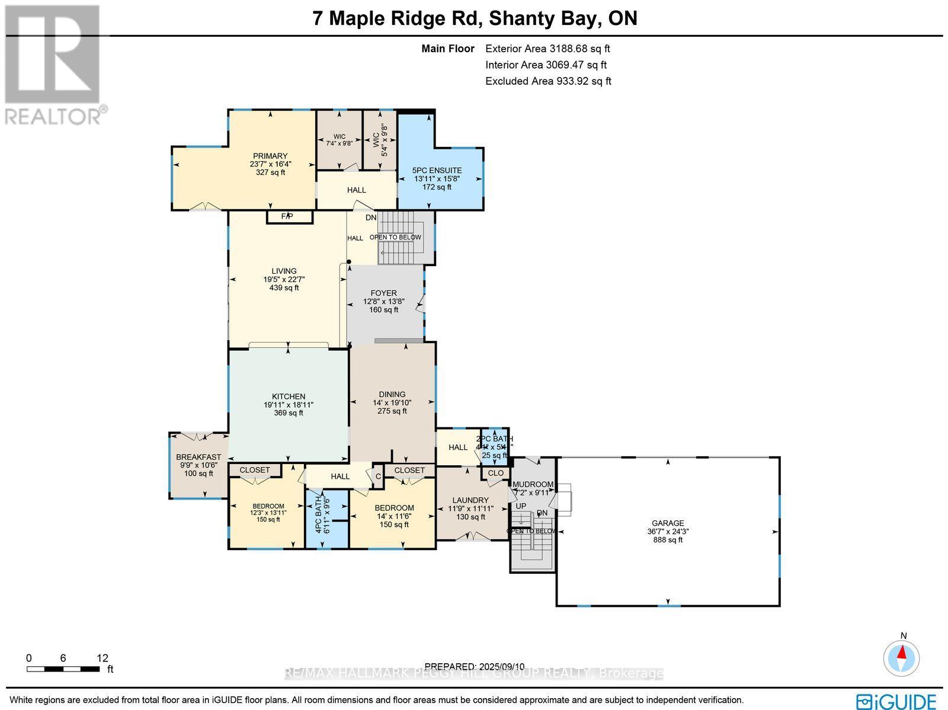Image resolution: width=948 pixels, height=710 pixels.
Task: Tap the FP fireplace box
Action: point(289,217)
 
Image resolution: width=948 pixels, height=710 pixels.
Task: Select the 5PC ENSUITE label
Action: point(437,171)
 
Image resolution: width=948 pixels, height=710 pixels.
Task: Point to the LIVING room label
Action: point(284,271)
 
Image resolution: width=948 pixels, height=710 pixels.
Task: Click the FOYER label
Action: point(383,293)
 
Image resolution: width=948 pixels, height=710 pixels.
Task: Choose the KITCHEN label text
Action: point(289,397)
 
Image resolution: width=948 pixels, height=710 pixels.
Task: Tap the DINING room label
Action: point(392,395)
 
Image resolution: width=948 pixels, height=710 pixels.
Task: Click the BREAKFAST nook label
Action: point(198,458)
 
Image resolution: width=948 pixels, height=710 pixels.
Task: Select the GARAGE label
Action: point(668,523)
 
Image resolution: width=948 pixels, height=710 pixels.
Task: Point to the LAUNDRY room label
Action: point(470,501)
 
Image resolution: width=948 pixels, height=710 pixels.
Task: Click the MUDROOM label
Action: point(533,484)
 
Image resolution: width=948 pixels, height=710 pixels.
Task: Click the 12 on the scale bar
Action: point(103,658)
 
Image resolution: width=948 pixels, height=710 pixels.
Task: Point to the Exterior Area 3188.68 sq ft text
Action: point(547,49)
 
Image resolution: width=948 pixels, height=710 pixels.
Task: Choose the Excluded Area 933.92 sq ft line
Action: point(548,81)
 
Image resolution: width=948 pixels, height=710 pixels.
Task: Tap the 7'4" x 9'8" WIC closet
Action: point(339,140)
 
